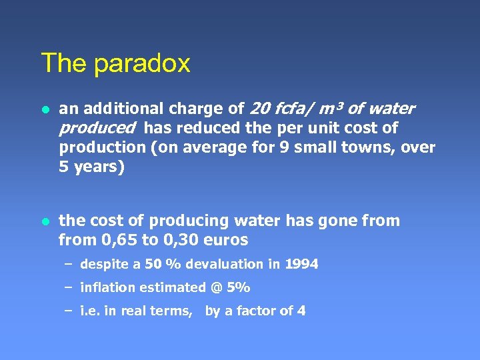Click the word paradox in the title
tap(142, 64)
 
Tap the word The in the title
tap(65, 63)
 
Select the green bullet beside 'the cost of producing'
tap(45, 221)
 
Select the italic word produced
tap(97, 127)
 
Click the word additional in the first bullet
tap(121, 109)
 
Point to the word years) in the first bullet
tap(98, 166)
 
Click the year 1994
tap(301, 265)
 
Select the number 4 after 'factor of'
tap(301, 311)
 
